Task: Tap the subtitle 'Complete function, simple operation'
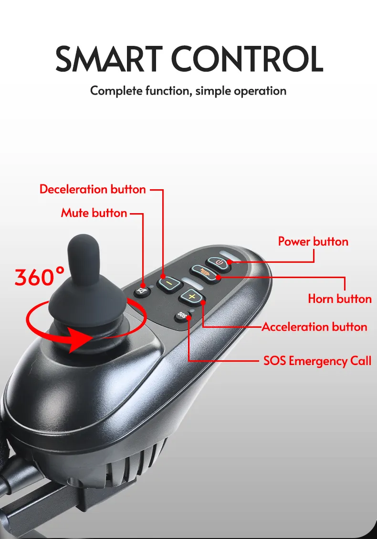tap(188, 90)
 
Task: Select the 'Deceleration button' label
tap(93, 189)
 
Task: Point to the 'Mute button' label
tap(94, 213)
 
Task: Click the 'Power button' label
tap(313, 241)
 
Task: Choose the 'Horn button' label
tap(339, 299)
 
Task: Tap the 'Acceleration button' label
tap(314, 327)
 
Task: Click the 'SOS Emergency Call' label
tap(317, 360)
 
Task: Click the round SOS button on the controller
tap(181, 315)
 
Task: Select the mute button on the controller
tap(141, 291)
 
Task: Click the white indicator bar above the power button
tap(228, 253)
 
